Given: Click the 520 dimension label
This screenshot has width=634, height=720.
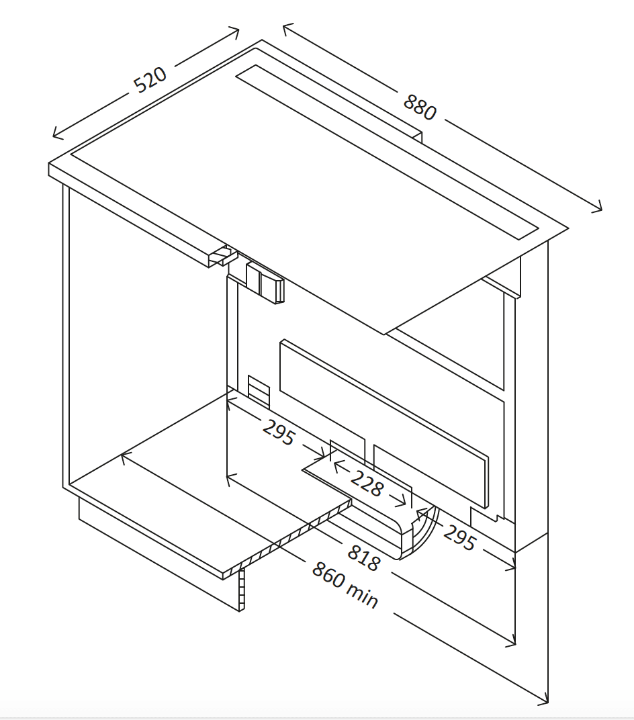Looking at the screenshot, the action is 150,80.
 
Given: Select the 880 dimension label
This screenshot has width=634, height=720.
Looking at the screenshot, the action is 420,107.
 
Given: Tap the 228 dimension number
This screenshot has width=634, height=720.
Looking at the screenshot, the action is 366,483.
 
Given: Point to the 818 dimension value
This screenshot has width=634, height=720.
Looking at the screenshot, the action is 363,558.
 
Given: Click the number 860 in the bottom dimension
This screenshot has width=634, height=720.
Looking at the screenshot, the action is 328,575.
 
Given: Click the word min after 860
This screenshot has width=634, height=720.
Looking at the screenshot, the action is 363,596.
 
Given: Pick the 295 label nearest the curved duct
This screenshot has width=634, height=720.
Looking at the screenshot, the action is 459,538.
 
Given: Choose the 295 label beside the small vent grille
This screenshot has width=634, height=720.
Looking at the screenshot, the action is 278,432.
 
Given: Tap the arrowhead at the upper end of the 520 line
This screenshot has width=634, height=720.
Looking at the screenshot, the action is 234,32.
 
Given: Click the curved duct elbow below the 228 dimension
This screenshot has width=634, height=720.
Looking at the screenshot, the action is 420,533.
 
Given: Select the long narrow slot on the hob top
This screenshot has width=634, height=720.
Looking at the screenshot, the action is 387,152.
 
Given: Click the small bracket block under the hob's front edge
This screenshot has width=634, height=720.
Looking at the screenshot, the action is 265,282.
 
